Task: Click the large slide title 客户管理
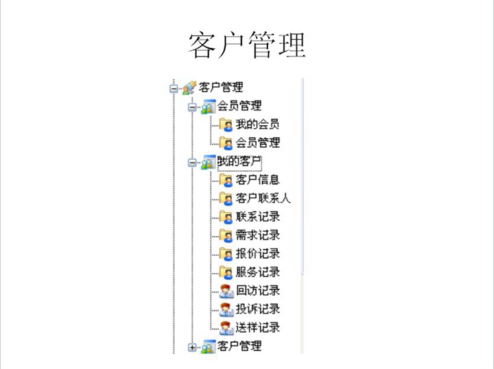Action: (x=247, y=45)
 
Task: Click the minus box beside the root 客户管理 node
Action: (x=174, y=88)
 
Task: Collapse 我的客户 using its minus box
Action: (x=192, y=163)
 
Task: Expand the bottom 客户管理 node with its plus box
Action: (x=192, y=347)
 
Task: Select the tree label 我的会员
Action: (x=258, y=124)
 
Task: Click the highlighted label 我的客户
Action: (x=239, y=161)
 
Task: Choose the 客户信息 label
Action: (x=258, y=180)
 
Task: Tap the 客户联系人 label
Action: (x=263, y=198)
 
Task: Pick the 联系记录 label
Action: (x=258, y=217)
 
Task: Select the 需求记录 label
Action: (x=258, y=235)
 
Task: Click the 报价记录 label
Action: (x=258, y=254)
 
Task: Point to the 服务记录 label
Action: (x=258, y=272)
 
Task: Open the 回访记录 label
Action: (x=258, y=291)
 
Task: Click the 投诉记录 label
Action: (x=258, y=309)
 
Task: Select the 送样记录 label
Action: (x=258, y=328)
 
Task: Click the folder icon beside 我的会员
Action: (x=226, y=125)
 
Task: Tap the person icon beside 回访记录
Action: (x=227, y=291)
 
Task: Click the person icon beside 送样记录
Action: (x=227, y=328)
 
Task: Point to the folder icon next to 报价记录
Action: (x=226, y=254)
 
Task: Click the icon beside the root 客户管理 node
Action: (x=189, y=88)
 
